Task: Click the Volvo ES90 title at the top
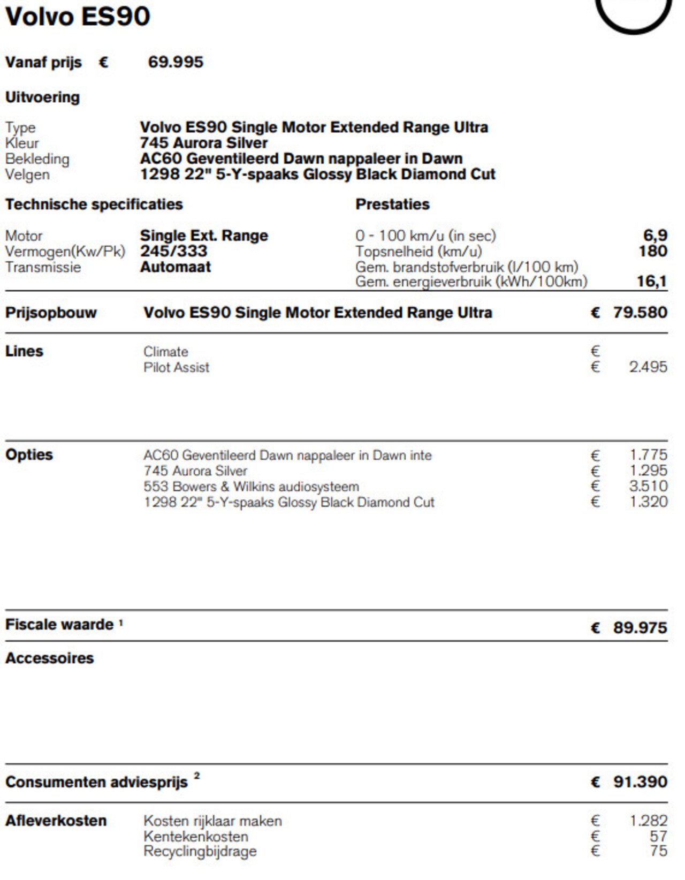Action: click(x=78, y=17)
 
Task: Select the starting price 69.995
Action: click(x=176, y=62)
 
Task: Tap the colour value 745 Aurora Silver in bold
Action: click(x=204, y=143)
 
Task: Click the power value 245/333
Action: click(x=174, y=251)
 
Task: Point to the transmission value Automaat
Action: click(x=176, y=267)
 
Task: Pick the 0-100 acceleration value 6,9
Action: click(x=655, y=235)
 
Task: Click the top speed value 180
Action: click(x=653, y=251)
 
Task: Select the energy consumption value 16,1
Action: click(x=652, y=281)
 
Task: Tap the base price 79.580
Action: click(x=640, y=313)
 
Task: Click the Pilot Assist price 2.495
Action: click(x=648, y=367)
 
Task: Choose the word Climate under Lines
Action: click(x=166, y=352)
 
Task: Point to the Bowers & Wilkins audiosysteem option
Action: click(x=251, y=487)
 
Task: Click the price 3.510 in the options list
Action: click(x=648, y=486)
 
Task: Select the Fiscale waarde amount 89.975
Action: click(x=640, y=627)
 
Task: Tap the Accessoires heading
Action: click(x=50, y=658)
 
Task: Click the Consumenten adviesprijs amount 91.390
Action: click(x=640, y=782)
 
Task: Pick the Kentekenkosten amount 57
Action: click(x=658, y=836)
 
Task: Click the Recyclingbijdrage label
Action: click(x=200, y=852)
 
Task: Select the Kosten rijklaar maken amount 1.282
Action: click(x=648, y=821)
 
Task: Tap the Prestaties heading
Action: click(x=392, y=204)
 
